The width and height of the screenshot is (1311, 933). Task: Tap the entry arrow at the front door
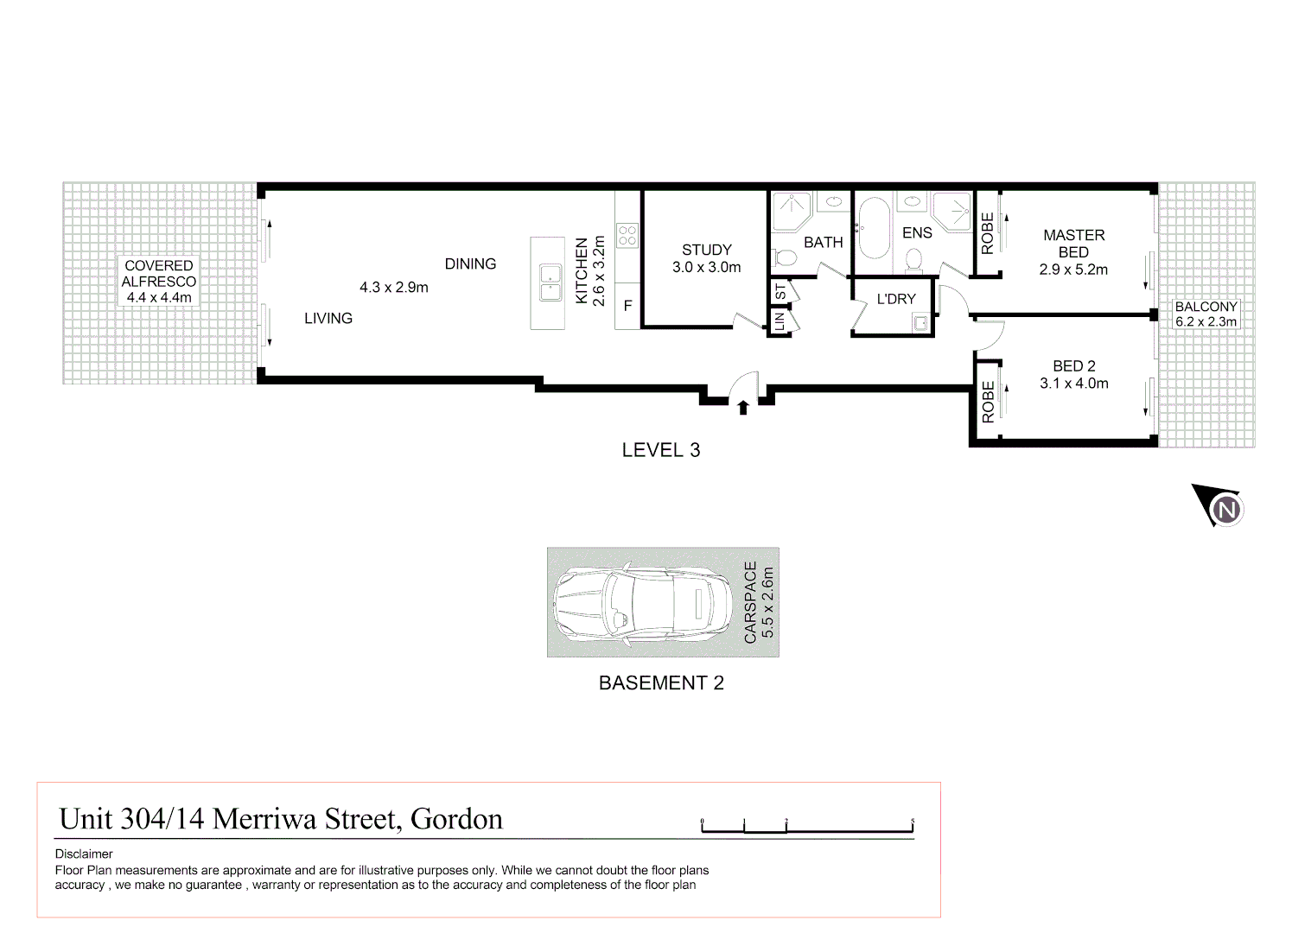pyautogui.click(x=743, y=407)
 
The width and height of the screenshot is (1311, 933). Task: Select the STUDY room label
pyautogui.click(x=706, y=250)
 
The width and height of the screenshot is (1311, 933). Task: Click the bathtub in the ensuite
pyautogui.click(x=874, y=229)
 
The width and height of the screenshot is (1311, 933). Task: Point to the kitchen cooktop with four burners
pyautogui.click(x=627, y=235)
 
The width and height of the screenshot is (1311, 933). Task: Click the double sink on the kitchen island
pyautogui.click(x=550, y=283)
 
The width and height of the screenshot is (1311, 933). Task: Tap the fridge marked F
pyautogui.click(x=628, y=306)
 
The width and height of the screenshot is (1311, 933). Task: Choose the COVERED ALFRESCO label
pyautogui.click(x=159, y=274)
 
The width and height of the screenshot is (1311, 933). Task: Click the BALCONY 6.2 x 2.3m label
pyautogui.click(x=1206, y=314)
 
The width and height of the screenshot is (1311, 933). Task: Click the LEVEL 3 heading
pyautogui.click(x=661, y=450)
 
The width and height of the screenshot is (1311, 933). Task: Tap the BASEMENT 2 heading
pyautogui.click(x=661, y=683)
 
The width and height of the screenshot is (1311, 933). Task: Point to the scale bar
pyautogui.click(x=806, y=828)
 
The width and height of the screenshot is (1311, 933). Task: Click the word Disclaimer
pyautogui.click(x=84, y=854)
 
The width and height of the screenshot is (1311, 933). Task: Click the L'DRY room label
pyautogui.click(x=896, y=299)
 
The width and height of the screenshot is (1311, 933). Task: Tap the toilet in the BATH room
pyautogui.click(x=785, y=257)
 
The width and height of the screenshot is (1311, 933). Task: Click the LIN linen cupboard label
pyautogui.click(x=780, y=322)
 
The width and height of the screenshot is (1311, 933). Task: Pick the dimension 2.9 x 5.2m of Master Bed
pyautogui.click(x=1073, y=270)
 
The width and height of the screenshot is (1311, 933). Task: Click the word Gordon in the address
pyautogui.click(x=456, y=819)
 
